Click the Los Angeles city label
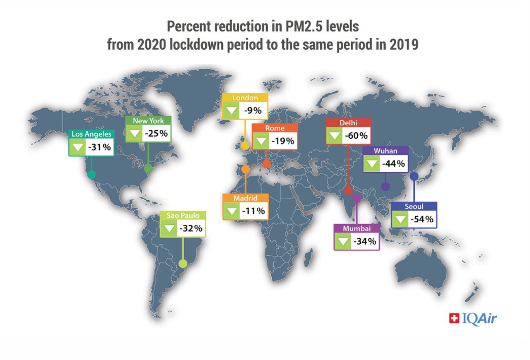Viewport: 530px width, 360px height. (x=91, y=134)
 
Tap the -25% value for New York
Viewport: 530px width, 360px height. (x=155, y=134)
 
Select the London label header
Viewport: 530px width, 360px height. (x=245, y=98)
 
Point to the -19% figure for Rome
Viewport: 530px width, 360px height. (x=282, y=141)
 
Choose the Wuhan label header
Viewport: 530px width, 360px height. (x=385, y=151)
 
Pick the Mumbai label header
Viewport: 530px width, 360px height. (x=357, y=228)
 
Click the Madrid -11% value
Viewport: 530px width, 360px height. (x=253, y=211)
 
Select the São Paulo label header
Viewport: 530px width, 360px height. (x=183, y=216)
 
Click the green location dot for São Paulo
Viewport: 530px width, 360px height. (x=183, y=263)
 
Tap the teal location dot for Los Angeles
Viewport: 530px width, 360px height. (x=92, y=175)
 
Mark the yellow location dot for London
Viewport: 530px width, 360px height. (x=245, y=146)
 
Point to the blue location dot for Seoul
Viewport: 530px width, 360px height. (x=414, y=176)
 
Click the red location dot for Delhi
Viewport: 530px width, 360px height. (x=348, y=190)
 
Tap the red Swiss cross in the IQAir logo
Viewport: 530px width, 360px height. (x=454, y=318)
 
